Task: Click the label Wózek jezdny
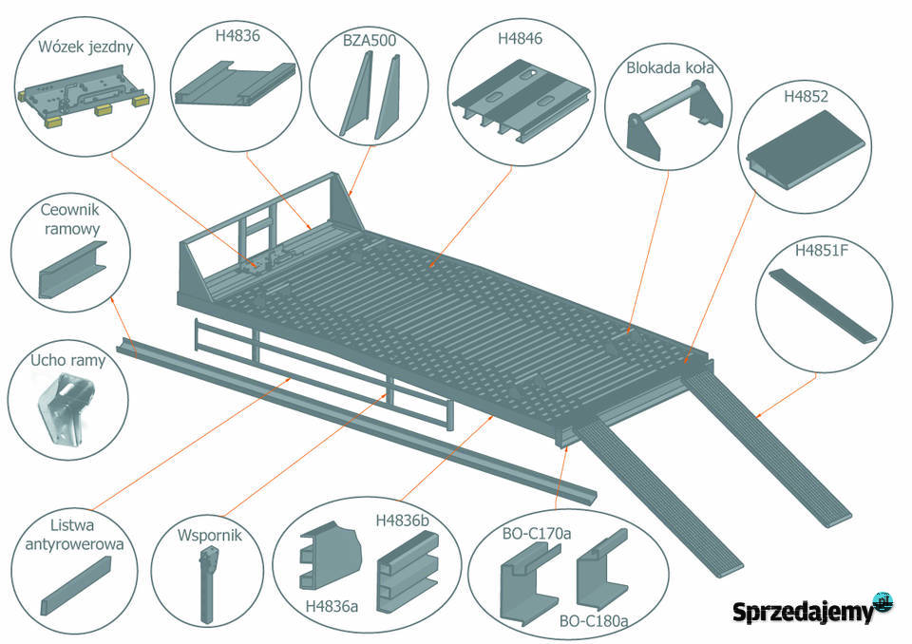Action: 85,47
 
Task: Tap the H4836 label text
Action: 237,35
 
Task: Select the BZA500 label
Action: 370,40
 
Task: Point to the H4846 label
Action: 520,38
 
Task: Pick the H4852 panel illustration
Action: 806,148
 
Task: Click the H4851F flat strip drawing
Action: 823,306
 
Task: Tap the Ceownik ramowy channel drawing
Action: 73,270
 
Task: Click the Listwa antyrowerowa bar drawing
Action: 76,586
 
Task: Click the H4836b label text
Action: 403,521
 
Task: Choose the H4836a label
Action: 332,607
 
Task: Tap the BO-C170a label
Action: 536,533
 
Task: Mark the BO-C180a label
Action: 594,621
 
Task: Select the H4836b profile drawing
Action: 408,571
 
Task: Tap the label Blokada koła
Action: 670,67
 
